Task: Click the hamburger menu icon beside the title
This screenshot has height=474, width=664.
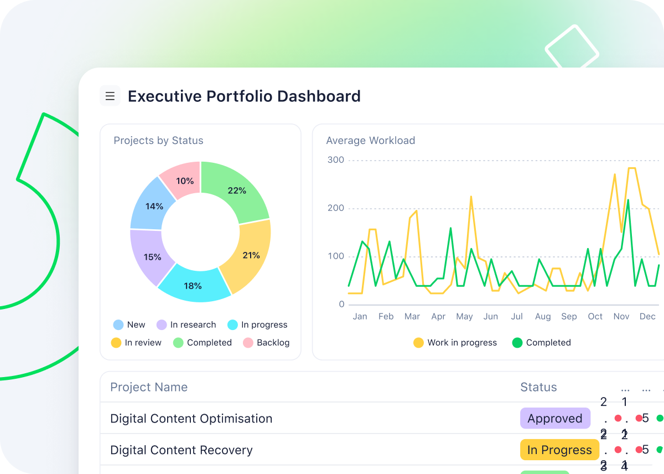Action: click(110, 96)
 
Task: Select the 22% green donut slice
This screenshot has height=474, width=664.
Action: click(236, 190)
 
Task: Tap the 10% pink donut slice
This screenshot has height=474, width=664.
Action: click(185, 181)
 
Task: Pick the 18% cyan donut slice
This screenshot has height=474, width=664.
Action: click(193, 286)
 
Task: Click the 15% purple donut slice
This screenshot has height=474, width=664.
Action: click(152, 257)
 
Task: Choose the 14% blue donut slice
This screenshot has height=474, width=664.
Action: click(154, 206)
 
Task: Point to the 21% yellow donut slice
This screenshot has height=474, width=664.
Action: click(251, 255)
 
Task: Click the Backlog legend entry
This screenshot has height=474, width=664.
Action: click(266, 343)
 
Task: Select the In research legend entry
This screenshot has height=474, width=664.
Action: click(186, 325)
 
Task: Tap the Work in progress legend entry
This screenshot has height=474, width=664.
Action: click(455, 343)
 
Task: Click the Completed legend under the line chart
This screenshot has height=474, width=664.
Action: click(542, 343)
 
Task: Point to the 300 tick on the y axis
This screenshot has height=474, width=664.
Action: click(335, 160)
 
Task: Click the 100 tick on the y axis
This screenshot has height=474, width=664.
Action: click(335, 256)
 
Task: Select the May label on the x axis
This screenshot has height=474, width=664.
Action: click(464, 317)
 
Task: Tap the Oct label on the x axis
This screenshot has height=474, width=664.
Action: click(595, 317)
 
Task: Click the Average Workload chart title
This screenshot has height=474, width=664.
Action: click(370, 141)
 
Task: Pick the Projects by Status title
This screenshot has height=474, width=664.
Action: click(158, 141)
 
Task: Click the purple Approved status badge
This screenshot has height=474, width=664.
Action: click(555, 419)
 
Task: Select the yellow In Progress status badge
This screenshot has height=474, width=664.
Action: click(559, 450)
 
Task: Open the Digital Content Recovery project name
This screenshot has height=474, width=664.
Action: click(181, 450)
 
